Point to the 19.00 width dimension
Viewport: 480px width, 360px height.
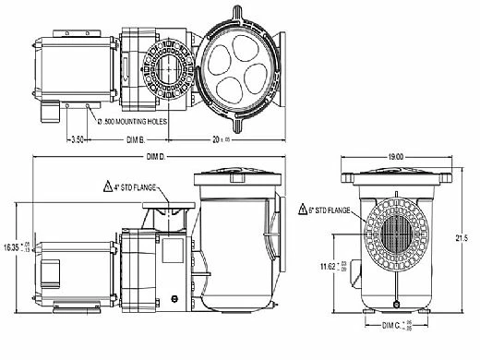coord(400,158)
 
